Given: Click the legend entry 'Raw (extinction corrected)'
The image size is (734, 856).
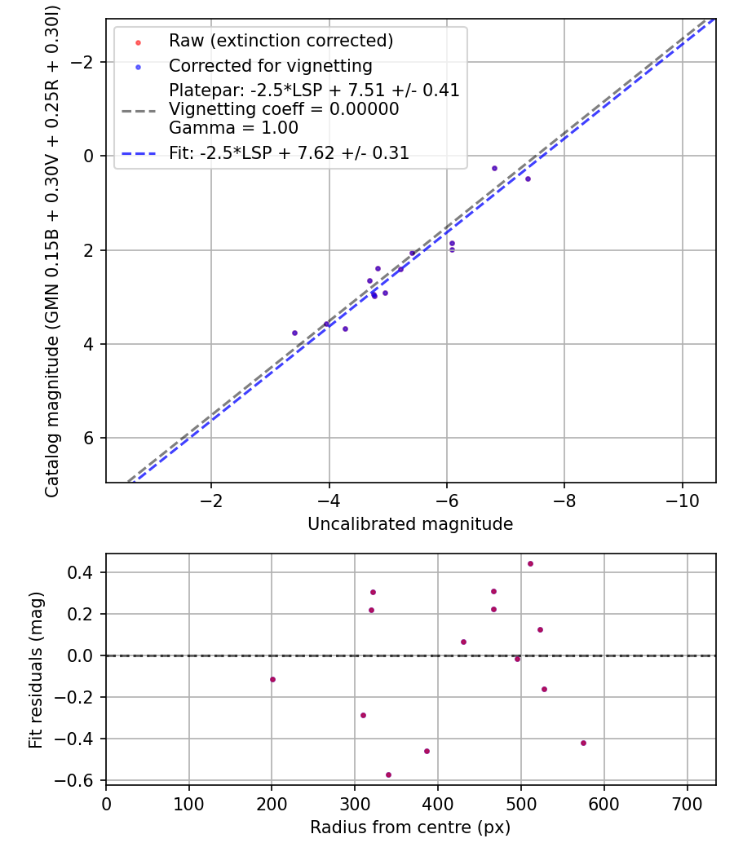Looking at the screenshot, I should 281,41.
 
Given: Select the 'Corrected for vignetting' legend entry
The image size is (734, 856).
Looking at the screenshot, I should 270,66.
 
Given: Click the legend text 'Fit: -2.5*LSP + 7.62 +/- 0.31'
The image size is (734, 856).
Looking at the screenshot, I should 289,153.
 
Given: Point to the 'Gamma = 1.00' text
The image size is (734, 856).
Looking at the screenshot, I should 233,128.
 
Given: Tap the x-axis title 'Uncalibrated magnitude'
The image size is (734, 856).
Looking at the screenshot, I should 410,524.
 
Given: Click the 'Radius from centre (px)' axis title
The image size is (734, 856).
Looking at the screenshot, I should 410,827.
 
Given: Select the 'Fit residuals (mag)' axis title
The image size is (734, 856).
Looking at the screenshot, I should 36,670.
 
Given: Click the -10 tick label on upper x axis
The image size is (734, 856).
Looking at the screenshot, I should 682,501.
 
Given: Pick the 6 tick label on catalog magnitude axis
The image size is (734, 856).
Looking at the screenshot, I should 91,438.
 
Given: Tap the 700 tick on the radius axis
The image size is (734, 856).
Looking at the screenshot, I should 687,803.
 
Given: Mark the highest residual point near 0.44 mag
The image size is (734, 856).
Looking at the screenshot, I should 530,563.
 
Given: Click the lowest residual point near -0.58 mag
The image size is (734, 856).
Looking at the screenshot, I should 388,774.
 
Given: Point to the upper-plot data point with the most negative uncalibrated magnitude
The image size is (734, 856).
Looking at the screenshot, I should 528,179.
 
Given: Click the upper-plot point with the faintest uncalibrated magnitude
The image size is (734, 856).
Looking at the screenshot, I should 294,333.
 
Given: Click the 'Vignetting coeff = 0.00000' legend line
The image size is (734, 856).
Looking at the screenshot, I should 284,109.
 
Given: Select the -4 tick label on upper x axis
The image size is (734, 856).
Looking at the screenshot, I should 329,501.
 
